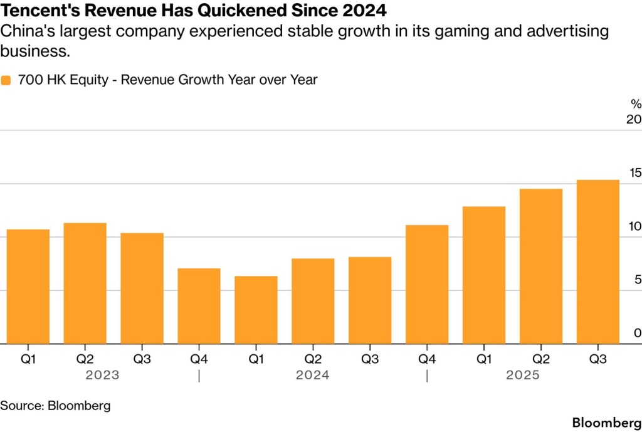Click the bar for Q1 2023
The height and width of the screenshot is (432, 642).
pos(28,287)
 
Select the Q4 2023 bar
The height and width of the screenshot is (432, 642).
pos(199,306)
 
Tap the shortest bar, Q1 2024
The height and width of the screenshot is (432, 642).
pos(256,310)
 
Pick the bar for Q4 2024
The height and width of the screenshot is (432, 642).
pos(427,284)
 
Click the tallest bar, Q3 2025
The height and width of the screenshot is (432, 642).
pos(597,261)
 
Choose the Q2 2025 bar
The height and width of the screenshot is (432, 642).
pos(540,266)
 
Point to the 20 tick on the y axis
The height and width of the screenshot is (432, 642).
pos(634,120)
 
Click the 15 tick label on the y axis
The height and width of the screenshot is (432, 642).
pos(634,173)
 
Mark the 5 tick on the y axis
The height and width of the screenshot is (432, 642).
pos(637,280)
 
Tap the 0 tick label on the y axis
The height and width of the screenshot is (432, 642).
pos(637,333)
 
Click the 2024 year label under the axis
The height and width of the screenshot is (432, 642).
pos(312,376)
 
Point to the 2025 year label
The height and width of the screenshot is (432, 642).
pos(523,376)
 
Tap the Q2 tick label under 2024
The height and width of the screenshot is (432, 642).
pos(313,359)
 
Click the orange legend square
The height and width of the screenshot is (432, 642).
pos(6,80)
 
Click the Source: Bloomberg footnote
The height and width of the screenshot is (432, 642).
pos(55,405)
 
